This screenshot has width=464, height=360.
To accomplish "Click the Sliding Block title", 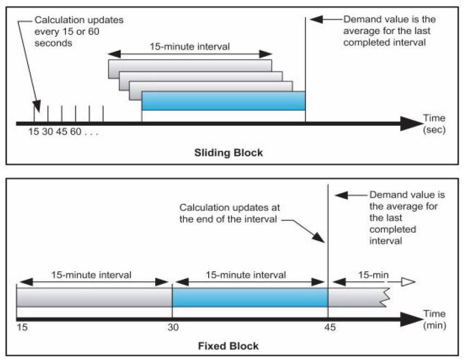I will (x=228, y=152).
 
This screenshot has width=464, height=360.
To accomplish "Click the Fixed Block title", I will (x=231, y=345).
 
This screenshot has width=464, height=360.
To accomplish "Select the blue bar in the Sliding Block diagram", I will (x=223, y=101).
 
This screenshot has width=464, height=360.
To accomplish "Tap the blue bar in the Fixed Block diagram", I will (x=250, y=297).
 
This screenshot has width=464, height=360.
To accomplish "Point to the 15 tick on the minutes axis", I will (x=22, y=328).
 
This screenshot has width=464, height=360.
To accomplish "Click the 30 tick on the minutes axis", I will (x=172, y=328).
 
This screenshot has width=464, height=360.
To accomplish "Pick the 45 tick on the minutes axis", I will (x=328, y=328).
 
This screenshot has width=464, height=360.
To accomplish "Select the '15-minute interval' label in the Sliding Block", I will (x=190, y=47).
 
